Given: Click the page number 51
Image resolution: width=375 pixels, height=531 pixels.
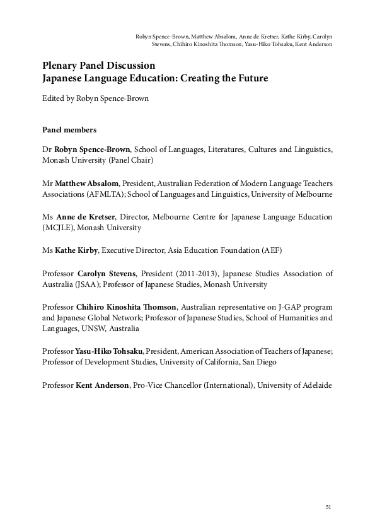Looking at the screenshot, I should pyautogui.click(x=328, y=506).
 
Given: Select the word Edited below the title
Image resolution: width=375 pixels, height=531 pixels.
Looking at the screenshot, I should pyautogui.click(x=53, y=98).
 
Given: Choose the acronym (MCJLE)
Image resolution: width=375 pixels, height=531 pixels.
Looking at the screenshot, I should pyautogui.click(x=59, y=227).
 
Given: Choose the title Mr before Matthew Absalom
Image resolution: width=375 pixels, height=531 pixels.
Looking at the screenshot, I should pyautogui.click(x=47, y=183).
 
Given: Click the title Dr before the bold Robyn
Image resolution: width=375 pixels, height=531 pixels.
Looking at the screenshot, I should pyautogui.click(x=46, y=149).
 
